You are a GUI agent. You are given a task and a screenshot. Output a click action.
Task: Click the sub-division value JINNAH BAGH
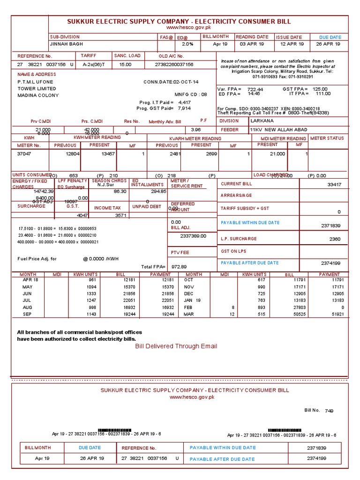click(x=65, y=44)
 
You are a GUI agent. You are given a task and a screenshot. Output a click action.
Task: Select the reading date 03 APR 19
click(x=252, y=44)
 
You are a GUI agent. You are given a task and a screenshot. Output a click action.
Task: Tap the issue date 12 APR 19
click(x=292, y=44)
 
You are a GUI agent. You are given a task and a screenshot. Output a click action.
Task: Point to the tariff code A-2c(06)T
click(x=94, y=64)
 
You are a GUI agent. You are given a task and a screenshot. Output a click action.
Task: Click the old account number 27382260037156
click(x=174, y=64)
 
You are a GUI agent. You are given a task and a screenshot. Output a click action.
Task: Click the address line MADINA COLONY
click(x=38, y=96)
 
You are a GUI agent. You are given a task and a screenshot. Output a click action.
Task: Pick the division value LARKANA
click(x=262, y=120)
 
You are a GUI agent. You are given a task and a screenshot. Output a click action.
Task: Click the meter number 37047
click(x=24, y=154)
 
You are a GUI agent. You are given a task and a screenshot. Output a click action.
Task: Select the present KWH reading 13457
click(x=108, y=154)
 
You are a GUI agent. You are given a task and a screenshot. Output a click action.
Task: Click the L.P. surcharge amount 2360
click(x=335, y=239)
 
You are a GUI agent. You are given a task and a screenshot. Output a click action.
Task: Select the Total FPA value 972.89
click(x=179, y=267)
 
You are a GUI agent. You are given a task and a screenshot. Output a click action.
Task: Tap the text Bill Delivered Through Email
click(x=176, y=346)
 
